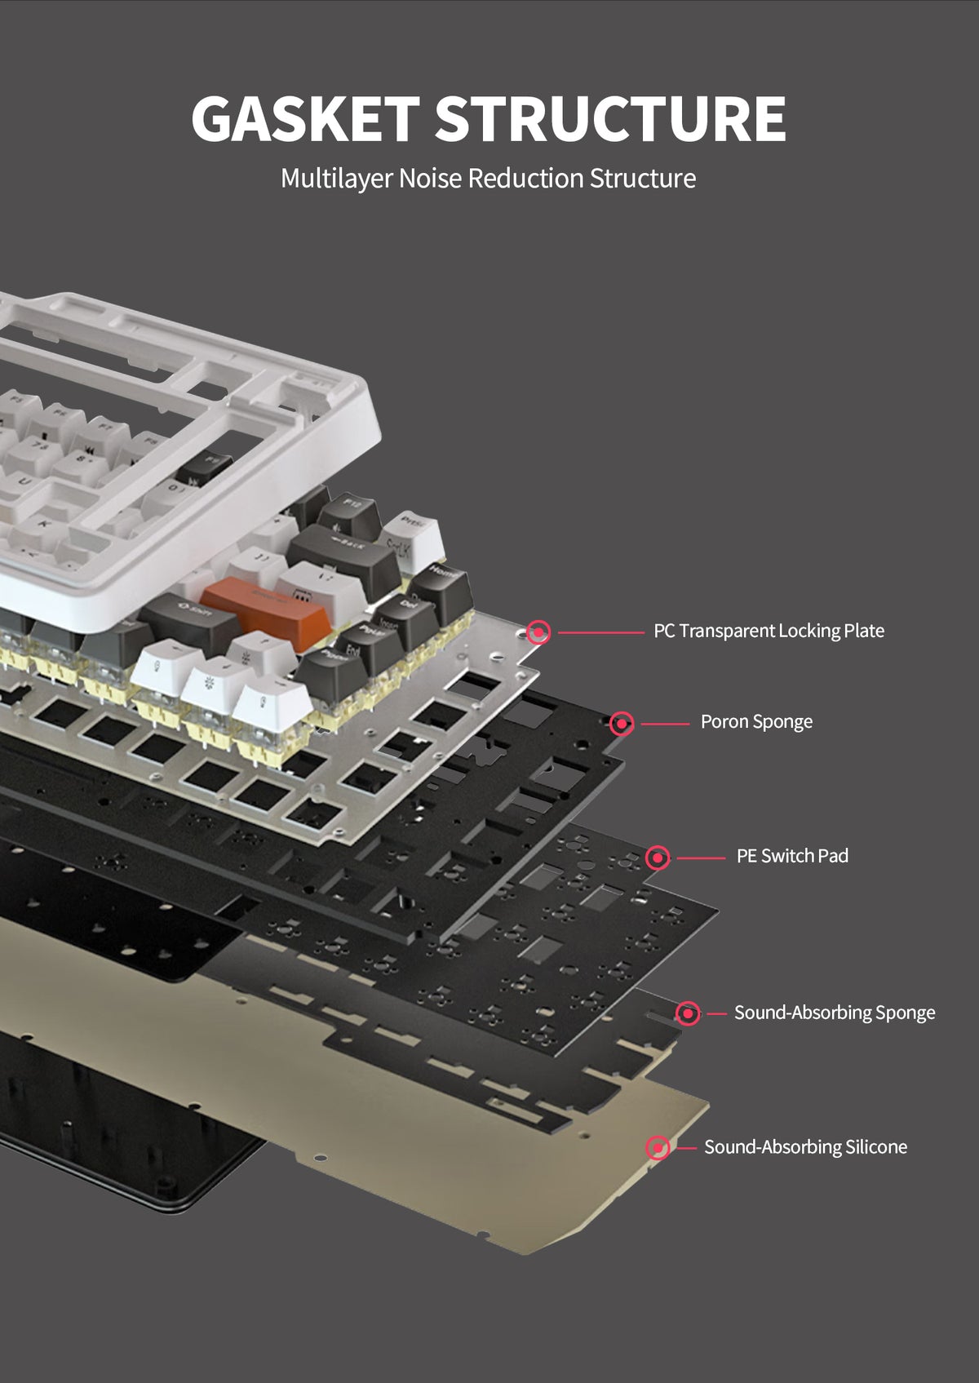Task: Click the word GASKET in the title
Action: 305,119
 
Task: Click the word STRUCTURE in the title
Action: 609,119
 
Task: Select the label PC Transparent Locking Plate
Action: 769,631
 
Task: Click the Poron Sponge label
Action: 756,722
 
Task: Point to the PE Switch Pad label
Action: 792,856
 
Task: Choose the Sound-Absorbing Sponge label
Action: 834,1013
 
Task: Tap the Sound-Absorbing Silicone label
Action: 805,1147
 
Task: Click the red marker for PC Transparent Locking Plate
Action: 538,632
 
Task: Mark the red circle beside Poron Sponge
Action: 622,723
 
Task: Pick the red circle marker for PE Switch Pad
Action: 658,858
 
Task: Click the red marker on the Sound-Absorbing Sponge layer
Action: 688,1013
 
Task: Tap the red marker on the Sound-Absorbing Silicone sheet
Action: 658,1148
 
